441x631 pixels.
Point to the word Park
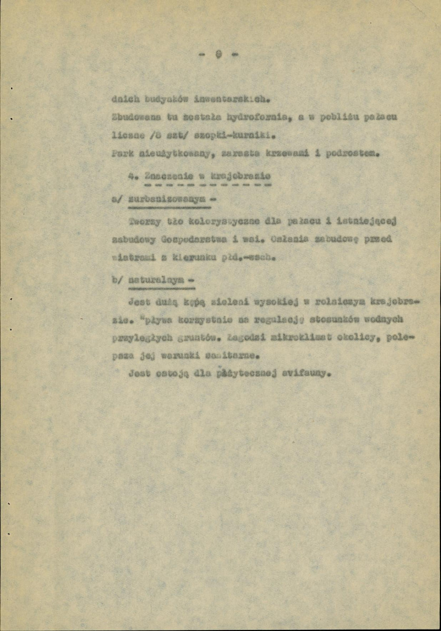coord(121,153)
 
